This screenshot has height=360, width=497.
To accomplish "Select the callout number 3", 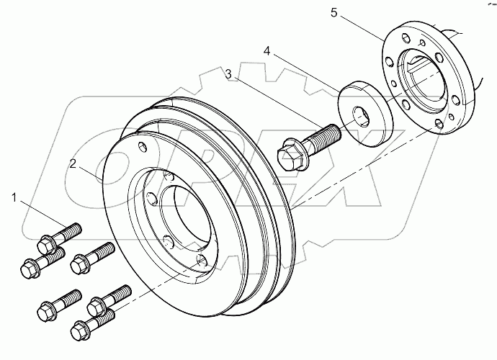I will (227, 74).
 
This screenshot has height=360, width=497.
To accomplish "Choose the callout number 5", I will (374, 13).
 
